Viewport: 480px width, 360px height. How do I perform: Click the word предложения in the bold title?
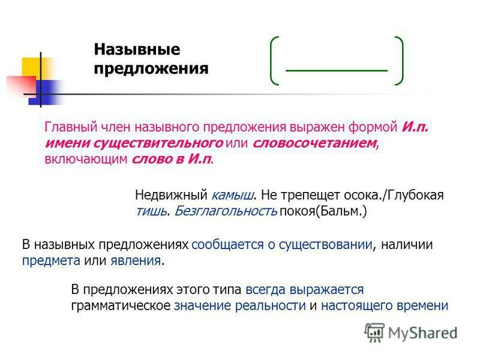point(151,69)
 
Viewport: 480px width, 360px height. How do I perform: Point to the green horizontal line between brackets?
point(336,71)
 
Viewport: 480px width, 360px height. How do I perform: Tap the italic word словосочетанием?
point(316,143)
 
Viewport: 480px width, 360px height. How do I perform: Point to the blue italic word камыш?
point(233,196)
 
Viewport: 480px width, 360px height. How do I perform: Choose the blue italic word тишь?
point(151,211)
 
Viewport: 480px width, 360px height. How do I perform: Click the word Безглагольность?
point(226,211)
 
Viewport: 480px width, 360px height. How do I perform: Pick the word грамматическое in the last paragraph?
point(121,305)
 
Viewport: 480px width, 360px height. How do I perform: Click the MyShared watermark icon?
point(374,332)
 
